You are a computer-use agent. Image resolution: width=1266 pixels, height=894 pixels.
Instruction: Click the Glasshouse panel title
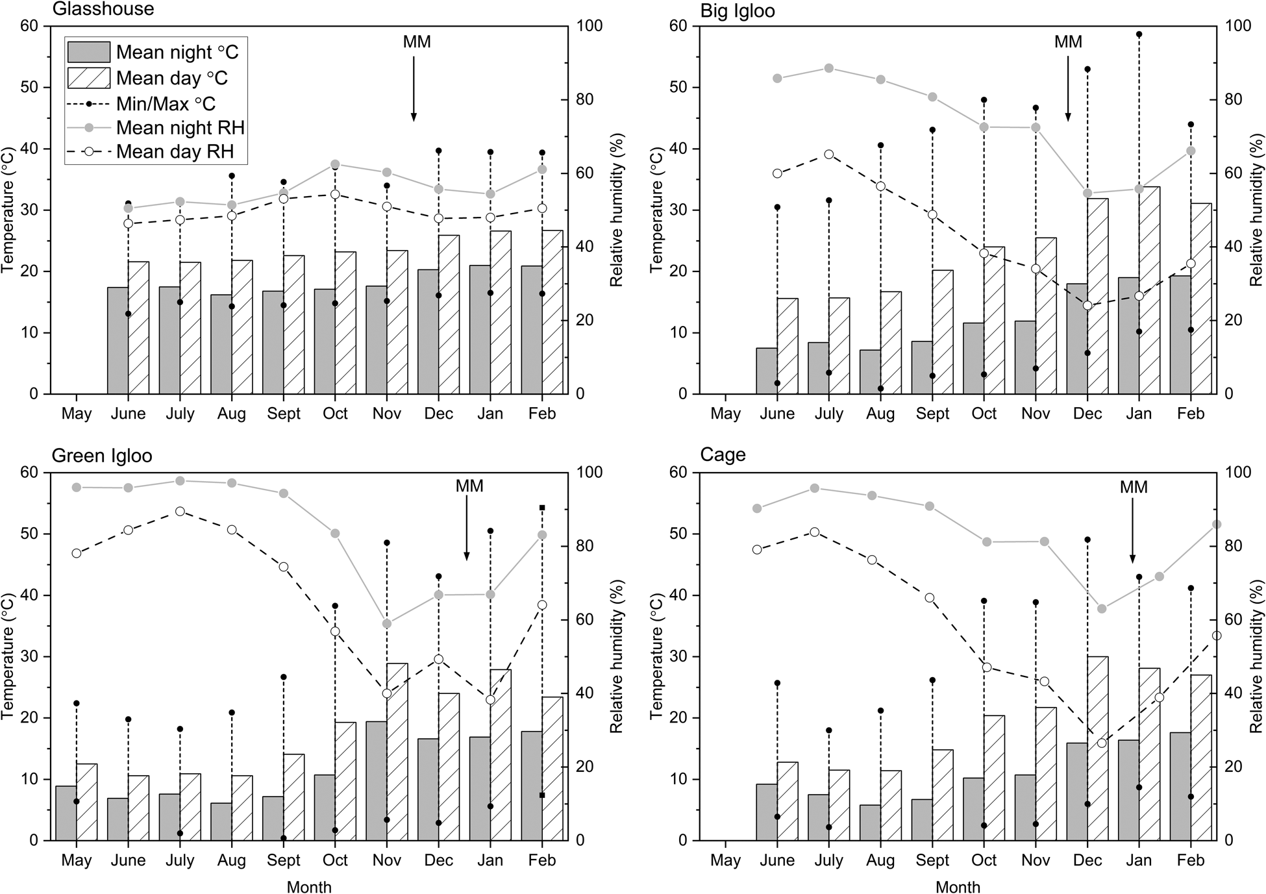click(103, 9)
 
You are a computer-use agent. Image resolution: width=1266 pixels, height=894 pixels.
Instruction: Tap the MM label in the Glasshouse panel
click(417, 42)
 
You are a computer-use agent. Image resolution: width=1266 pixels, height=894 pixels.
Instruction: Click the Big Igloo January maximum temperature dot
click(1139, 34)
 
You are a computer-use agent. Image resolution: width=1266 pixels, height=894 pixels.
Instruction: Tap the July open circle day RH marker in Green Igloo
click(180, 512)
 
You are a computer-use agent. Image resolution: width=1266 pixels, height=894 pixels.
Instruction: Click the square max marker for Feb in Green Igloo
click(542, 508)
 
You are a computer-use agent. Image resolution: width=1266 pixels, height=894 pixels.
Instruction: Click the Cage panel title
click(723, 455)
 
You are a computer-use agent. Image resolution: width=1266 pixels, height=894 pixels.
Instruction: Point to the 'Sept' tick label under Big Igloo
click(932, 414)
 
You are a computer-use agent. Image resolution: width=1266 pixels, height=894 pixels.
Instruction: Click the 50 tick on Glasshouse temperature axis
click(30, 88)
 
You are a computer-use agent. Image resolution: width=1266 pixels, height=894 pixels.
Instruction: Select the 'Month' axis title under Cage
click(958, 887)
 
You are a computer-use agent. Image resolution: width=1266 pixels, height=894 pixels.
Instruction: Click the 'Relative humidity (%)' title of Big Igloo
click(1257, 210)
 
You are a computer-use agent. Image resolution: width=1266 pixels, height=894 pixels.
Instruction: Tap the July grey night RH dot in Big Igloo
click(828, 68)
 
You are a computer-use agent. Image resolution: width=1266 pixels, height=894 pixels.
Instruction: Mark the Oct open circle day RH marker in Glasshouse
click(335, 194)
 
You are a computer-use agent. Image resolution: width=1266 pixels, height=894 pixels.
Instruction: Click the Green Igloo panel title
click(102, 456)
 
